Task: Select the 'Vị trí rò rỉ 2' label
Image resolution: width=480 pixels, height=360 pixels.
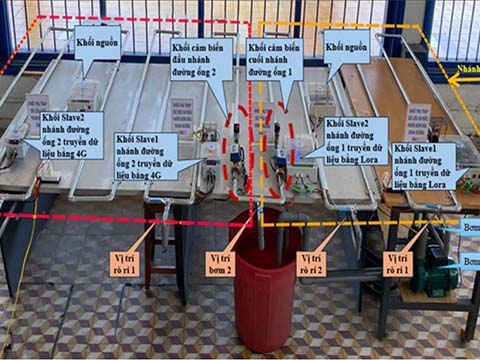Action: tap(318, 264)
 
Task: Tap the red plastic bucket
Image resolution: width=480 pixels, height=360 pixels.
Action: tap(265, 290)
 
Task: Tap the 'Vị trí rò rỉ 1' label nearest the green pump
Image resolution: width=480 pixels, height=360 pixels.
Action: tap(404, 264)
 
